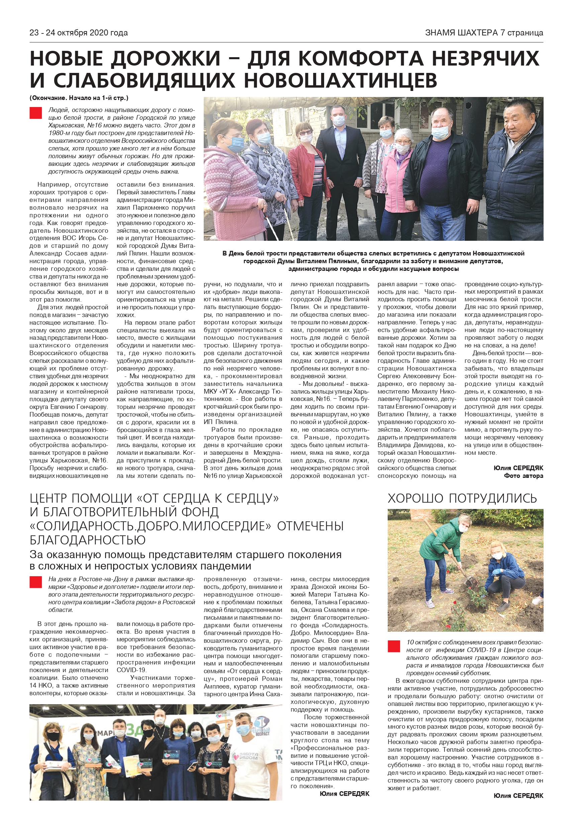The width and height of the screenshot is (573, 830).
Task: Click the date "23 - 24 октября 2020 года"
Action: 78,33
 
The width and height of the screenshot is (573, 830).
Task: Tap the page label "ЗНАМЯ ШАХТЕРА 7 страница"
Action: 484,33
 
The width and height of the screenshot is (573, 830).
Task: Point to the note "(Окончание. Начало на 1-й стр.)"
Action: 79,98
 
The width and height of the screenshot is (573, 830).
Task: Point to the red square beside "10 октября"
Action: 394,656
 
